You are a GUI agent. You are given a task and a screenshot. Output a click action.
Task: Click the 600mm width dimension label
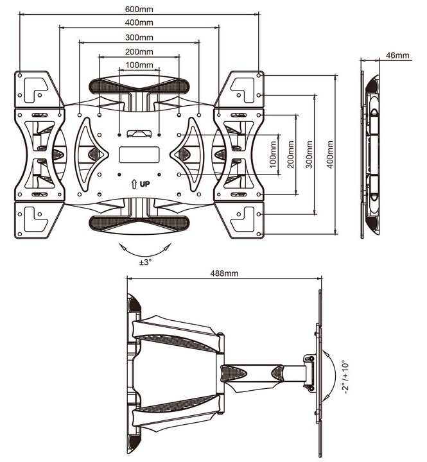click(x=139, y=10)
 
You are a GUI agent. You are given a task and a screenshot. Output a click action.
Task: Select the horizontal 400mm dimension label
click(x=139, y=23)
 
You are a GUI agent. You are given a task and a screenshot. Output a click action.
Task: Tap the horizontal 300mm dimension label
click(x=139, y=37)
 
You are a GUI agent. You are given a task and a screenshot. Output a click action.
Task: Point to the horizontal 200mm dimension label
click(x=139, y=51)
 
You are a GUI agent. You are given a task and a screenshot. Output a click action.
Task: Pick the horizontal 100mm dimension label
click(x=139, y=65)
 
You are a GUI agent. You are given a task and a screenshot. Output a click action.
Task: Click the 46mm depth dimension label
click(x=398, y=55)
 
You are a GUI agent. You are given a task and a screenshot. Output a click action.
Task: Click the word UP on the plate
click(x=144, y=184)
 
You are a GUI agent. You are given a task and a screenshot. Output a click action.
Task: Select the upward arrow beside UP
click(x=133, y=184)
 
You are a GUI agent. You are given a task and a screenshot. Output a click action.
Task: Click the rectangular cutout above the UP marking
click(x=139, y=155)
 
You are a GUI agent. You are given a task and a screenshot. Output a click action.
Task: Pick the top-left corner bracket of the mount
click(x=33, y=87)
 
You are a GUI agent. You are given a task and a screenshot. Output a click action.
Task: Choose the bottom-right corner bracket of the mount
click(x=245, y=219)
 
